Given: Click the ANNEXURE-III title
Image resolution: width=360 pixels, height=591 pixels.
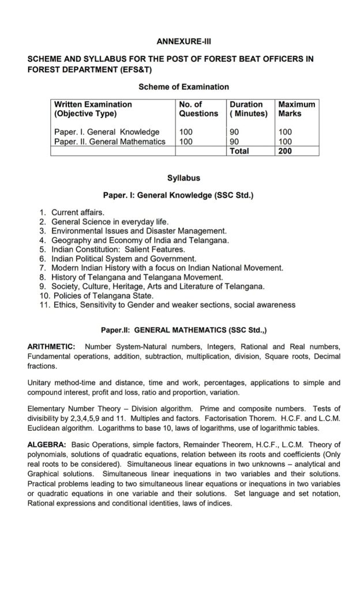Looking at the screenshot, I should pos(179,42).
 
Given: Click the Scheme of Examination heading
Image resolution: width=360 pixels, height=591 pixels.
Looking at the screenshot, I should pos(183,87).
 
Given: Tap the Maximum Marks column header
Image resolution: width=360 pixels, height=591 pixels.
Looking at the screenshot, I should pos(297,109).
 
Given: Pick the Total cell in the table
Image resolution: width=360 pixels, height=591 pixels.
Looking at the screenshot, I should pos(239,151).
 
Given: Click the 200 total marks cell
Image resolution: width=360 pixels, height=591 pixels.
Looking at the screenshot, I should pos(286,151).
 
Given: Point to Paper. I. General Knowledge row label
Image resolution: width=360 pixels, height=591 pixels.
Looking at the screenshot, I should pos(107,132).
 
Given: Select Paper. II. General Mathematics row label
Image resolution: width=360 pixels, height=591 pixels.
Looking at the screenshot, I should pos(110,141).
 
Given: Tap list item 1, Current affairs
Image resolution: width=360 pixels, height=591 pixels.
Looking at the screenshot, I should pos(78,212).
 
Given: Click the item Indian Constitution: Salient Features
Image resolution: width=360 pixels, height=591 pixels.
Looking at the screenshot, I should pos(118,249).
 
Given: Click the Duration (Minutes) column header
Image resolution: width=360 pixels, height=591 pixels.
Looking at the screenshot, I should pos(249,109).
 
